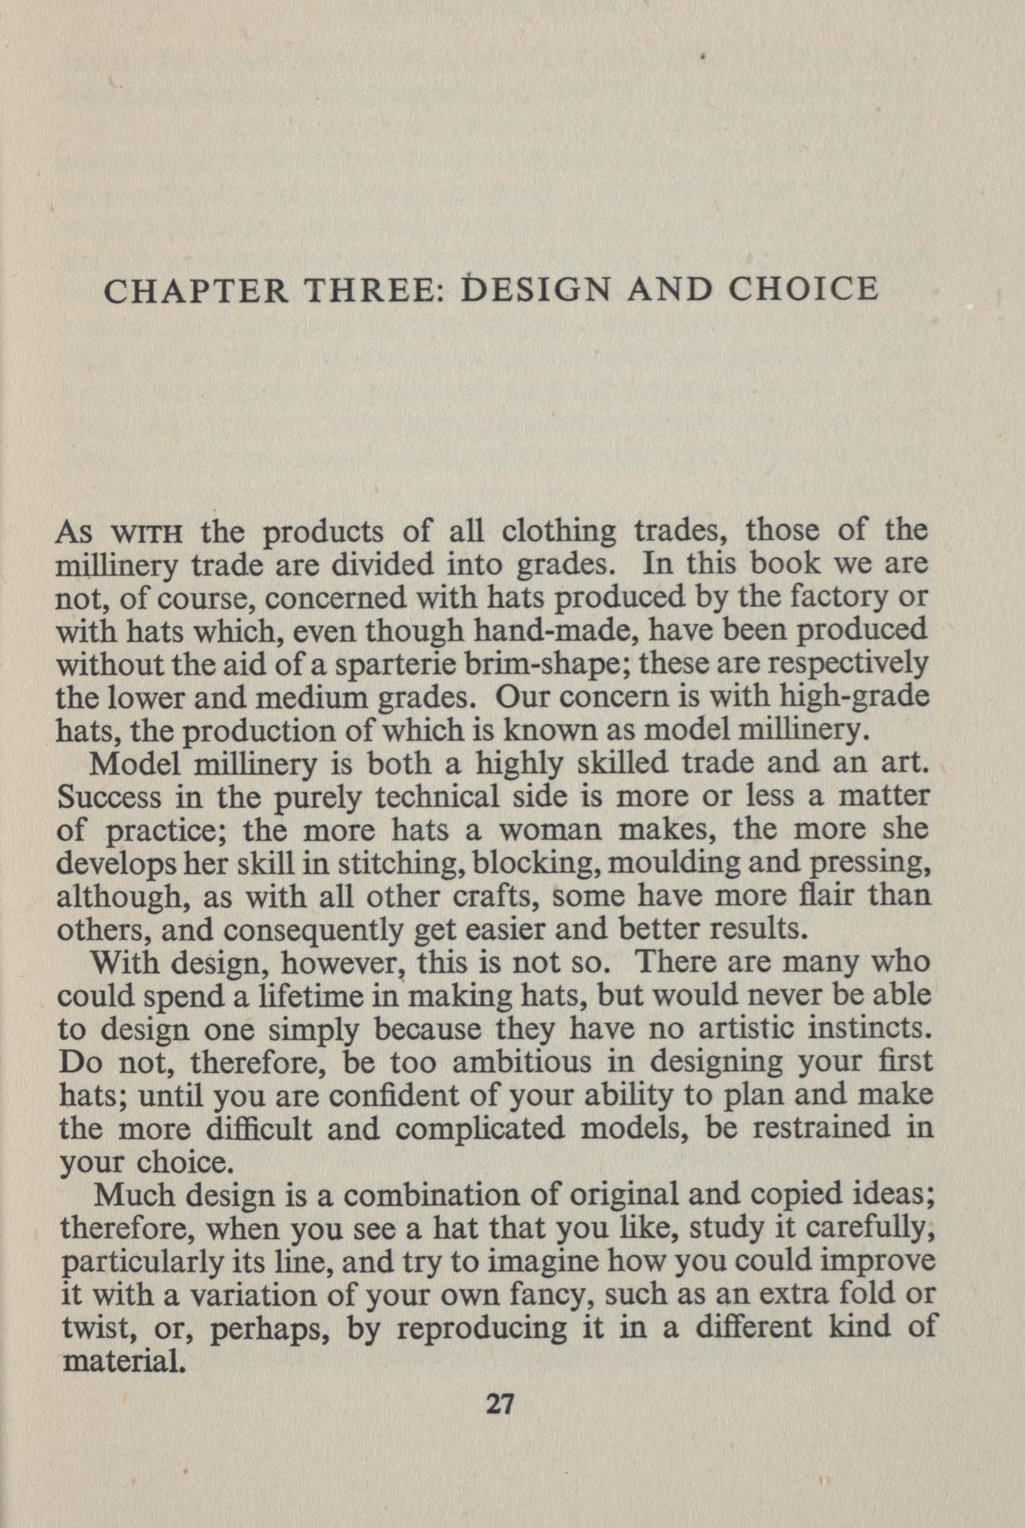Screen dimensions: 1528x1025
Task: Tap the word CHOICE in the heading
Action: pos(803,290)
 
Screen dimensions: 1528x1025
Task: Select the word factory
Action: pos(831,596)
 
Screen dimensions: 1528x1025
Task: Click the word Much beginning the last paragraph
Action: pos(127,1194)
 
